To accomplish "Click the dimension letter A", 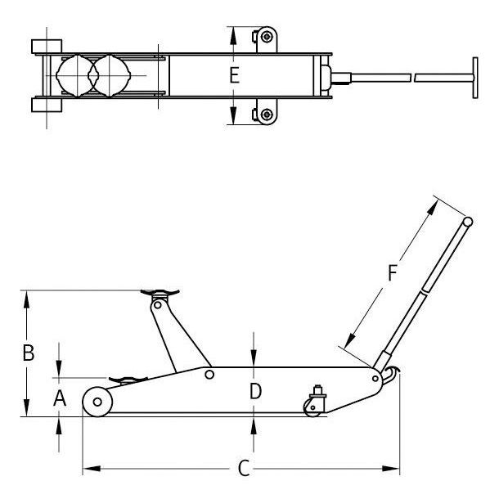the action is pyautogui.click(x=60, y=398).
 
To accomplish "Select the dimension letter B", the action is pyautogui.click(x=29, y=353).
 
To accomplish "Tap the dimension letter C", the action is pyautogui.click(x=244, y=469).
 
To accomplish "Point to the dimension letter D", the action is pyautogui.click(x=255, y=391).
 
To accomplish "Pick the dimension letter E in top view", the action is pyautogui.click(x=235, y=76).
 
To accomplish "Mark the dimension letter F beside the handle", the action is pyautogui.click(x=393, y=273).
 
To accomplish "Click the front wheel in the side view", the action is pyautogui.click(x=97, y=402).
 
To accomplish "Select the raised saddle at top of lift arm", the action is pyautogui.click(x=160, y=293).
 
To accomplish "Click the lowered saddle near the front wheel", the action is pyautogui.click(x=128, y=380).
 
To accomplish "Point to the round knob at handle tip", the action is pyautogui.click(x=467, y=222).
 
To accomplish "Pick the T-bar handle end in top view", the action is pyautogui.click(x=475, y=78).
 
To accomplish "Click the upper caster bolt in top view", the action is pyautogui.click(x=267, y=37).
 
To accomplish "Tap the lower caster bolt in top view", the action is pyautogui.click(x=267, y=114).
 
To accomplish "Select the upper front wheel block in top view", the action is pyautogui.click(x=47, y=47).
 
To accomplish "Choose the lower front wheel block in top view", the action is pyautogui.click(x=47, y=105).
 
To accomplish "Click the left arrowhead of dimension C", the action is pyautogui.click(x=92, y=469).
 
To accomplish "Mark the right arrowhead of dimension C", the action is pyautogui.click(x=390, y=469).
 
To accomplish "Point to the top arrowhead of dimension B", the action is pyautogui.click(x=26, y=299).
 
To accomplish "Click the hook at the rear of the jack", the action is pyautogui.click(x=391, y=375).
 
